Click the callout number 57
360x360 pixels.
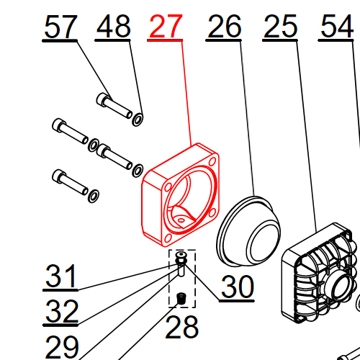(x=61, y=27)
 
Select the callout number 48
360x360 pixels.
(x=114, y=26)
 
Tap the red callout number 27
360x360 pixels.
(x=166, y=26)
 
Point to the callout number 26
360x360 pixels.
(x=225, y=26)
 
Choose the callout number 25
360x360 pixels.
(x=280, y=26)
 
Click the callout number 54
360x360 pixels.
(x=337, y=26)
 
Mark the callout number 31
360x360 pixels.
(x=60, y=276)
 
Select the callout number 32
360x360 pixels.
(x=62, y=311)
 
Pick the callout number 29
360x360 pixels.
(x=62, y=347)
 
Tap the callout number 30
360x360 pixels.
(x=238, y=287)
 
